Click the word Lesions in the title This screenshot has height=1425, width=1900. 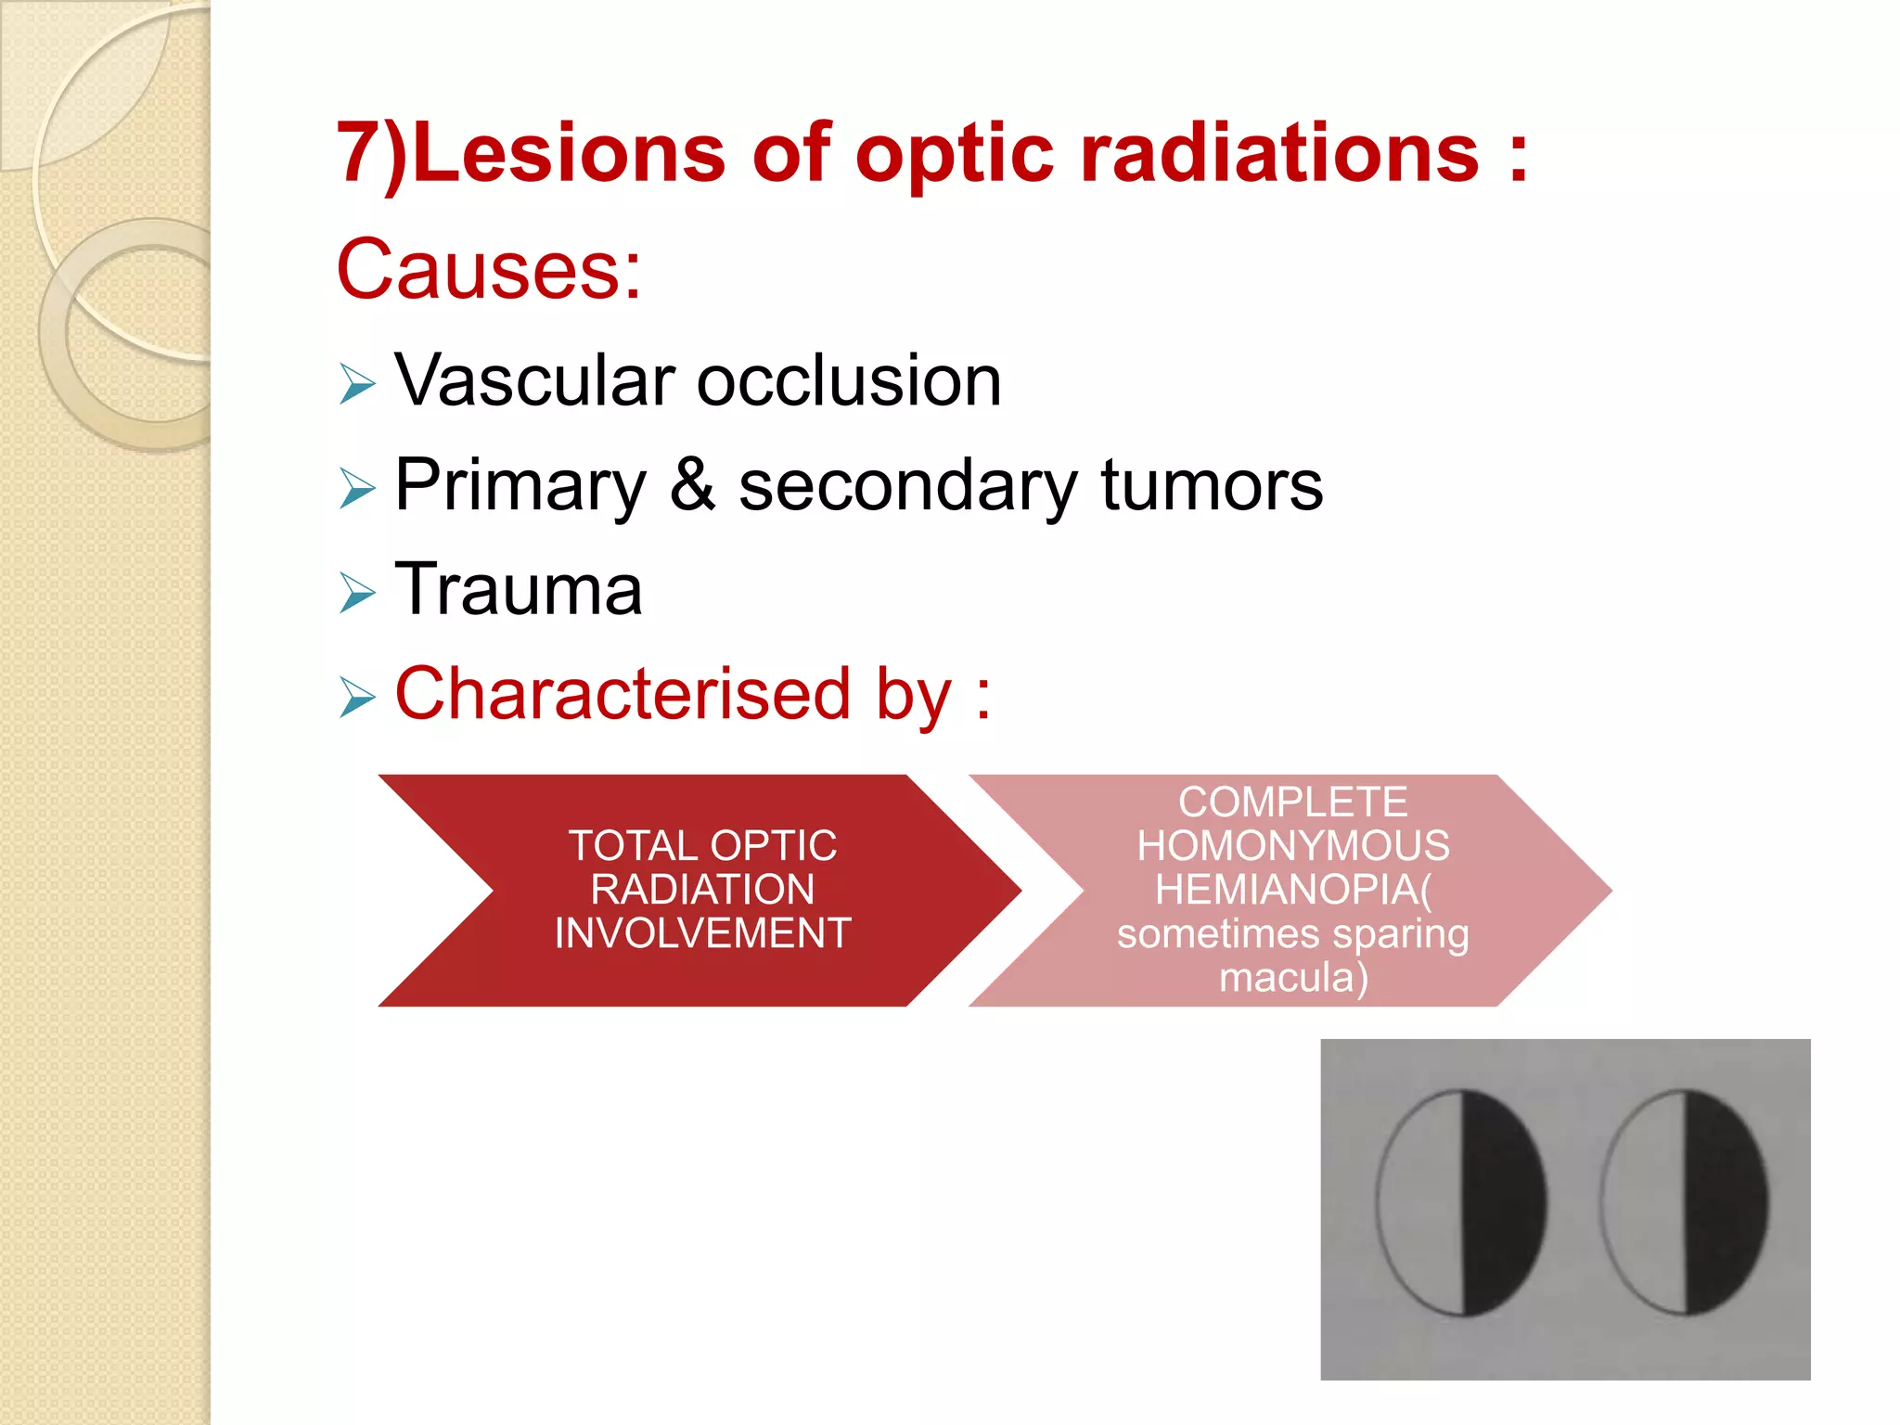point(568,153)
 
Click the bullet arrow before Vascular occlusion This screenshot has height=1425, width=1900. point(357,384)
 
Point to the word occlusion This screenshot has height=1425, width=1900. point(849,381)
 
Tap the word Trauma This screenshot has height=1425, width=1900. point(519,589)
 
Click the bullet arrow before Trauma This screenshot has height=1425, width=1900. point(357,593)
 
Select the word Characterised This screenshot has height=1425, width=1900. point(623,694)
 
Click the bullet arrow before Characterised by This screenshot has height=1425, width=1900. point(357,698)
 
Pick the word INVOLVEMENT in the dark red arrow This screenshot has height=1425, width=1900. point(702,933)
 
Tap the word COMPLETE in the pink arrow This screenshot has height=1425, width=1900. point(1292,802)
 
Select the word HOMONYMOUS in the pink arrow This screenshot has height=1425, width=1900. point(1292,846)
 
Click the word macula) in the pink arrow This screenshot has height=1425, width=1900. point(1292,978)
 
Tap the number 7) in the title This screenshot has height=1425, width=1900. point(371,153)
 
